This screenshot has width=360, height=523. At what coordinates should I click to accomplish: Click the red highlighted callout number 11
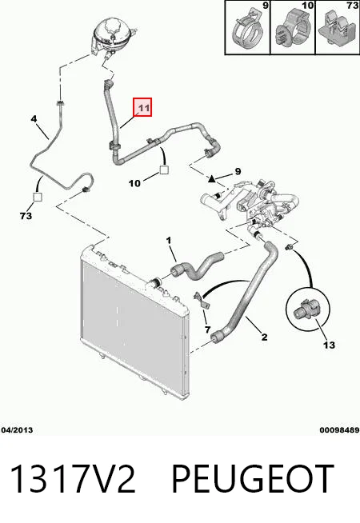[142, 107]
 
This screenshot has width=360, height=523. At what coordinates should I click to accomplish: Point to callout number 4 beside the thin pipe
[34, 118]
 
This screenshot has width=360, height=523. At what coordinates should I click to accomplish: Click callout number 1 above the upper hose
[169, 240]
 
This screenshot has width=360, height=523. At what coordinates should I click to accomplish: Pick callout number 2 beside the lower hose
[264, 337]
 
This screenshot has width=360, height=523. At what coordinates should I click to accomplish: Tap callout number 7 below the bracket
[207, 330]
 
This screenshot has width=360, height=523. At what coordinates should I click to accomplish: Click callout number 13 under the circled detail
[329, 345]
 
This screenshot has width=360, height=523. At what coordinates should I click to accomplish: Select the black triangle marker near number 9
[211, 178]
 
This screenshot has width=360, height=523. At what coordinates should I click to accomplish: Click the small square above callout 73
[38, 198]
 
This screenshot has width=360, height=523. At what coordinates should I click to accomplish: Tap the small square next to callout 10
[164, 170]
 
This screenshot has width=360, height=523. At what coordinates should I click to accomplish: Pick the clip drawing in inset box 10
[292, 30]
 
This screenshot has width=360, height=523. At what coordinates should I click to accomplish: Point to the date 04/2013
[17, 430]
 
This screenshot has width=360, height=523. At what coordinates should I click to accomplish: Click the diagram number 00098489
[339, 430]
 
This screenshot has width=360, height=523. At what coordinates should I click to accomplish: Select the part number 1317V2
[73, 479]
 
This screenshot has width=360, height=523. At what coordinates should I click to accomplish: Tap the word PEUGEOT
[253, 479]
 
